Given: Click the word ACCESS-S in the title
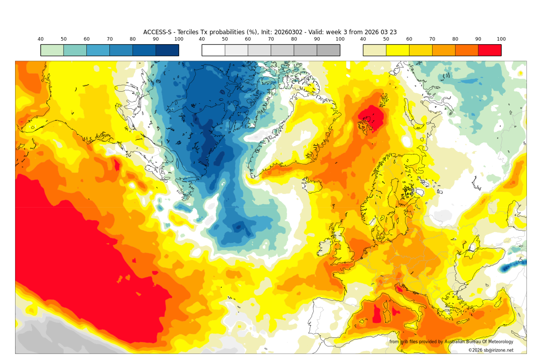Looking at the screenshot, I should (157, 32).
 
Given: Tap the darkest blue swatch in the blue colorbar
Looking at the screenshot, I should (167, 50).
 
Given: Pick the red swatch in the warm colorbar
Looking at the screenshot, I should (489, 50).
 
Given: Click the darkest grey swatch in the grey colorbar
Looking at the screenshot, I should (328, 50).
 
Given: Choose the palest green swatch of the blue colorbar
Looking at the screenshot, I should (52, 50).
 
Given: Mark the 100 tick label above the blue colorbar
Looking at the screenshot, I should (179, 39).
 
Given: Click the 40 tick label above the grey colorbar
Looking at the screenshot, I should (202, 39).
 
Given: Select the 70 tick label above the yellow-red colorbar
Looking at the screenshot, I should (432, 39).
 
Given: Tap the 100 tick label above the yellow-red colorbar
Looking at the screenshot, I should (501, 39).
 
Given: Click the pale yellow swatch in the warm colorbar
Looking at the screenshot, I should (374, 50).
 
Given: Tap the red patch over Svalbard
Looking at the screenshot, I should (371, 119).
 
